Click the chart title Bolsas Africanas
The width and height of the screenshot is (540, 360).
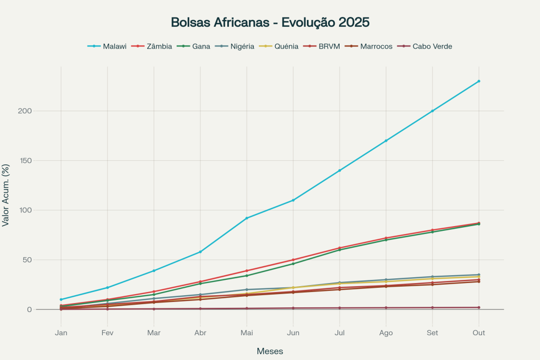click(x=270, y=23)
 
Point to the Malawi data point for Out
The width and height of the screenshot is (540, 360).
click(x=479, y=81)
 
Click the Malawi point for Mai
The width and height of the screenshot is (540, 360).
click(x=247, y=218)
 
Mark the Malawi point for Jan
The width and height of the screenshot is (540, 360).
click(x=61, y=299)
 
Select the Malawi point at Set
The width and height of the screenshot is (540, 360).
click(x=432, y=111)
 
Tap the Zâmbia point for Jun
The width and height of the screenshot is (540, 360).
click(x=293, y=260)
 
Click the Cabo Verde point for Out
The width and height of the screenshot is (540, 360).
click(x=479, y=307)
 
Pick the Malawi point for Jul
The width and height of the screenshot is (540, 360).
click(x=340, y=170)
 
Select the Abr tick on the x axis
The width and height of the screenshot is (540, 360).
click(x=200, y=333)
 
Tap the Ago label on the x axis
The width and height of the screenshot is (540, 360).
click(x=386, y=333)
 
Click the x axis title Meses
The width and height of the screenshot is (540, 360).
click(x=270, y=351)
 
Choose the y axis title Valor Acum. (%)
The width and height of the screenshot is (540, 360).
click(x=6, y=195)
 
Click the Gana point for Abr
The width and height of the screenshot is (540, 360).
click(x=200, y=284)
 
